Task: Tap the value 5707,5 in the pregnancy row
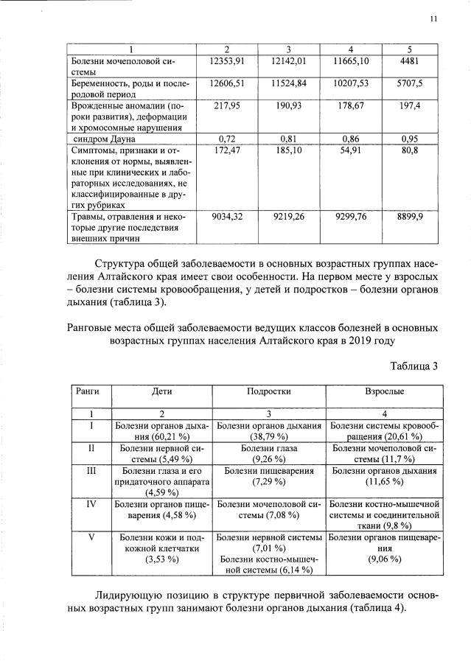click(410, 85)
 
